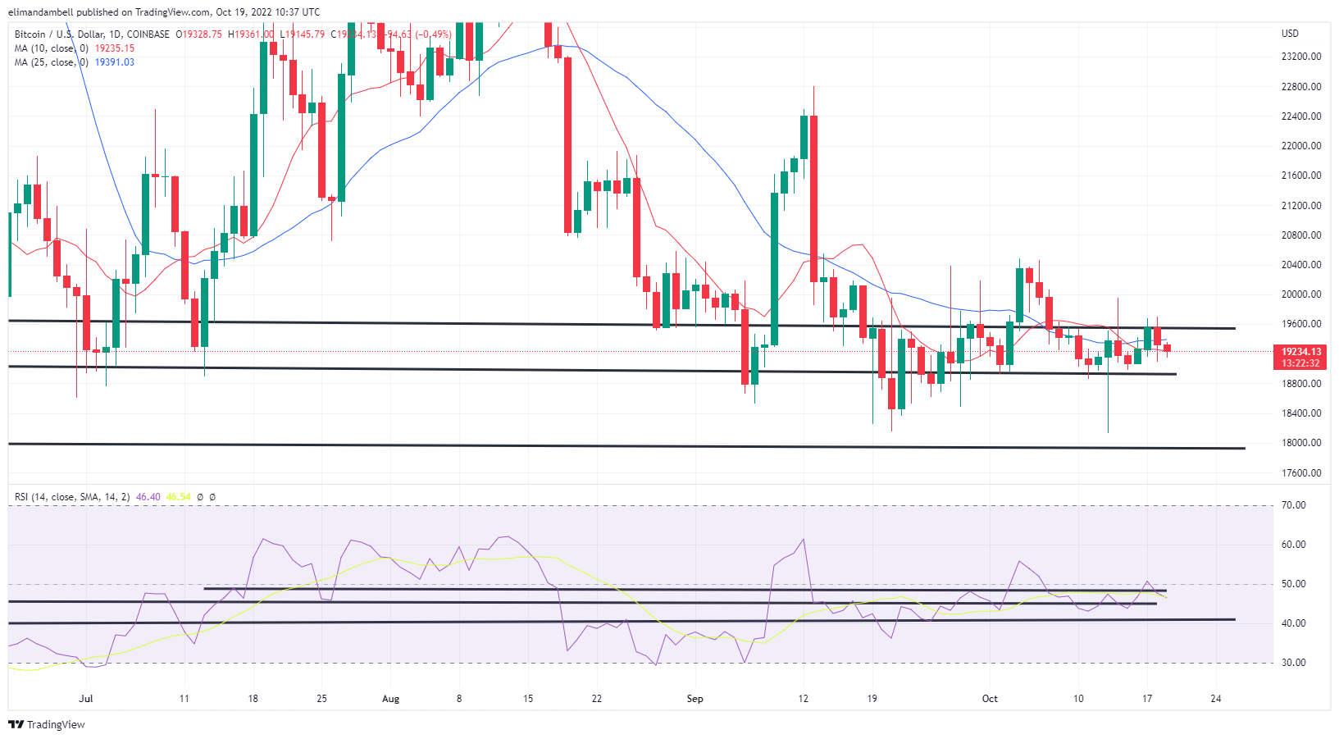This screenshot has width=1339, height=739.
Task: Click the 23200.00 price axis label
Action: pyautogui.click(x=1301, y=57)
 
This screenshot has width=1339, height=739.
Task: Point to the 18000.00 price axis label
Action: pyautogui.click(x=1301, y=443)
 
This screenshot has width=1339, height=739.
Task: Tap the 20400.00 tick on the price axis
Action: pyautogui.click(x=1301, y=265)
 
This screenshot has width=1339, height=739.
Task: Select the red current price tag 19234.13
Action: pyautogui.click(x=1301, y=352)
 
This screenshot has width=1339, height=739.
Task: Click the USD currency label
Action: pyautogui.click(x=1290, y=34)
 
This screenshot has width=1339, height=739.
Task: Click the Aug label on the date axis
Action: pyautogui.click(x=390, y=699)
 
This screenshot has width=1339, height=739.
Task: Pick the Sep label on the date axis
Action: pyautogui.click(x=695, y=699)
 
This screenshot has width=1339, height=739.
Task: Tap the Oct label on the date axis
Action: pyautogui.click(x=990, y=699)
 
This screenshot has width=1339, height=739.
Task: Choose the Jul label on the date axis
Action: pyautogui.click(x=85, y=699)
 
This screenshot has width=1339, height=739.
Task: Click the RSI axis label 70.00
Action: pyautogui.click(x=1294, y=505)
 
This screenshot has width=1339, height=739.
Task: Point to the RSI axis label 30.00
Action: pyautogui.click(x=1294, y=663)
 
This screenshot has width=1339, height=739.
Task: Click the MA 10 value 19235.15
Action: pyautogui.click(x=115, y=48)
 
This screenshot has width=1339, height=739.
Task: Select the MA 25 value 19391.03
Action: pyautogui.click(x=115, y=62)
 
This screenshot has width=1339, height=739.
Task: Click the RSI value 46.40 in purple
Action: pyautogui.click(x=148, y=497)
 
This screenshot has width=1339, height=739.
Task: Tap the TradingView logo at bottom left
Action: pyautogui.click(x=47, y=725)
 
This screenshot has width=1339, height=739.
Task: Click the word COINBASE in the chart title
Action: pyautogui.click(x=148, y=34)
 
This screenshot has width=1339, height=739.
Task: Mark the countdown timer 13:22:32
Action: pyautogui.click(x=1301, y=363)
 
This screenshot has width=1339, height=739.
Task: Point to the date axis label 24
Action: pyautogui.click(x=1216, y=699)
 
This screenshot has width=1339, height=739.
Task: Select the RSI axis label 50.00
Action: pyautogui.click(x=1294, y=584)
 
